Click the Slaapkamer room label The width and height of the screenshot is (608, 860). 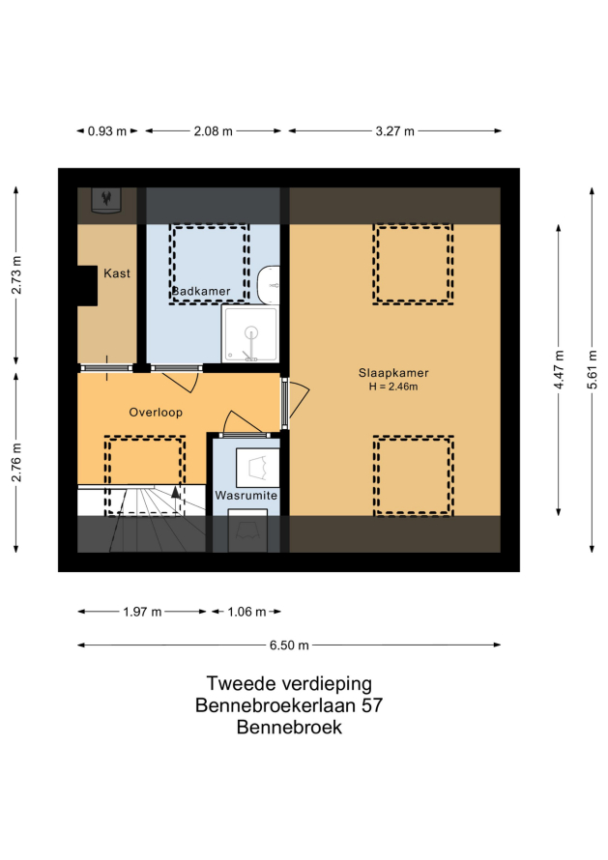[393, 373]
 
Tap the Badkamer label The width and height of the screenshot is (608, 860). [201, 291]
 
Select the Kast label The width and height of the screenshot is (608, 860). [117, 273]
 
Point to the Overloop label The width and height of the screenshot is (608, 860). [156, 413]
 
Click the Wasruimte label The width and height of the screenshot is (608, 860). [246, 496]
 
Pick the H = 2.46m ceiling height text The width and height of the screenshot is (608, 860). [393, 387]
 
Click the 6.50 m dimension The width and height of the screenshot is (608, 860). [289, 645]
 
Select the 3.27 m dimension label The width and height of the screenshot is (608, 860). [395, 131]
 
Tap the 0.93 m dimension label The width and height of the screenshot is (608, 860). [107, 131]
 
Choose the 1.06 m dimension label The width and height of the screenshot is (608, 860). [246, 612]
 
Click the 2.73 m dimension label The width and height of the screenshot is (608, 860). [16, 274]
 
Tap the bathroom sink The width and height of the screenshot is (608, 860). [269, 285]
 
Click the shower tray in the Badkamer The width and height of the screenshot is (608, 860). [250, 334]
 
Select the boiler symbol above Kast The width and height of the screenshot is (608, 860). [106, 200]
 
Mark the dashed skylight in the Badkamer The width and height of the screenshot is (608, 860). [209, 264]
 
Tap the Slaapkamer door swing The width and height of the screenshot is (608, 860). [298, 398]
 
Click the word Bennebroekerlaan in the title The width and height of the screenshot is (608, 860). [275, 705]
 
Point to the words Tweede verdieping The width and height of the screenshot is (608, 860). [289, 684]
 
